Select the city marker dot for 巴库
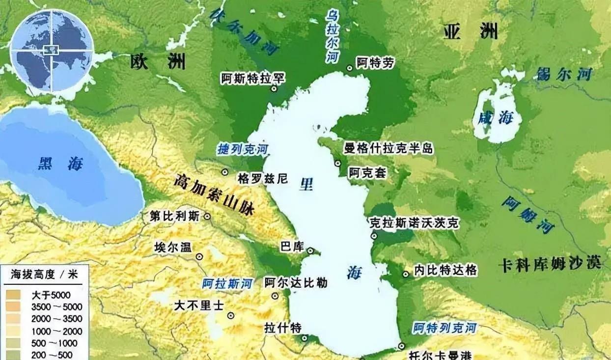pos(310,250)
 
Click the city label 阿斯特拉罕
pos(253,78)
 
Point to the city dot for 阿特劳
pos(350,68)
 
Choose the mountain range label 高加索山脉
pos(214,194)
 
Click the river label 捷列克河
pos(244,150)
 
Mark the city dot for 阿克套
pos(338,163)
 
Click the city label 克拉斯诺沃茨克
pos(414,223)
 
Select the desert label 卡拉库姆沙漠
pos(550,264)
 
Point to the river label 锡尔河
pos(565,74)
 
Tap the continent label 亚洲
pos(470,32)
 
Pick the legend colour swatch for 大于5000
pos(13,295)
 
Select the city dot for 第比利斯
pos(207,216)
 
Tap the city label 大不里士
pos(198,305)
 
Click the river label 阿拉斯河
pos(227,283)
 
